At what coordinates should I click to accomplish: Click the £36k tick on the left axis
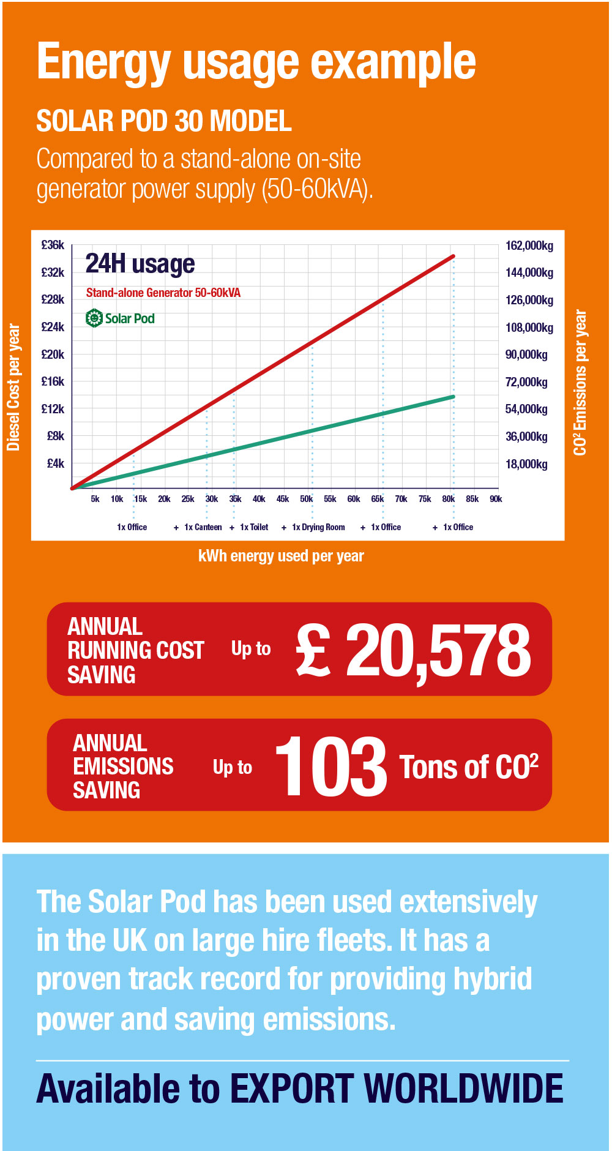point(53,245)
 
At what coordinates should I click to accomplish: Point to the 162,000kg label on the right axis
point(529,246)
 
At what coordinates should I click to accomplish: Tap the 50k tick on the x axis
point(306,499)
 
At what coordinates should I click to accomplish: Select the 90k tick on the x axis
point(496,499)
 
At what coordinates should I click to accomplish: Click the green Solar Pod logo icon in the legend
point(94,318)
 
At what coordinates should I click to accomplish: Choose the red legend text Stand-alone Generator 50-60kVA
point(163,293)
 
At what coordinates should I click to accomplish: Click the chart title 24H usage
point(140,264)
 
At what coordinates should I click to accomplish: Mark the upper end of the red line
point(453,256)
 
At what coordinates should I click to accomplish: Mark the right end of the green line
point(453,397)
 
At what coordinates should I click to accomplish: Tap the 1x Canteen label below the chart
point(203,527)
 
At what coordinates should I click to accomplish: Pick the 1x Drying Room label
point(318,527)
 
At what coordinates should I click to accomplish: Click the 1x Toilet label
point(254,527)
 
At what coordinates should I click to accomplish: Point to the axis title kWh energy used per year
point(281,556)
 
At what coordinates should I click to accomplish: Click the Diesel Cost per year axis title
point(13,387)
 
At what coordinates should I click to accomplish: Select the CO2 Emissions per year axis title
point(580,383)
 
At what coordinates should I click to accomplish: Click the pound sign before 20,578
point(313,650)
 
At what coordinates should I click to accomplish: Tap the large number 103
point(330,767)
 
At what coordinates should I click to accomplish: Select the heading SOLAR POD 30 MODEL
point(164,121)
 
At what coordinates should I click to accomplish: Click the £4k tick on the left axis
point(55,463)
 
